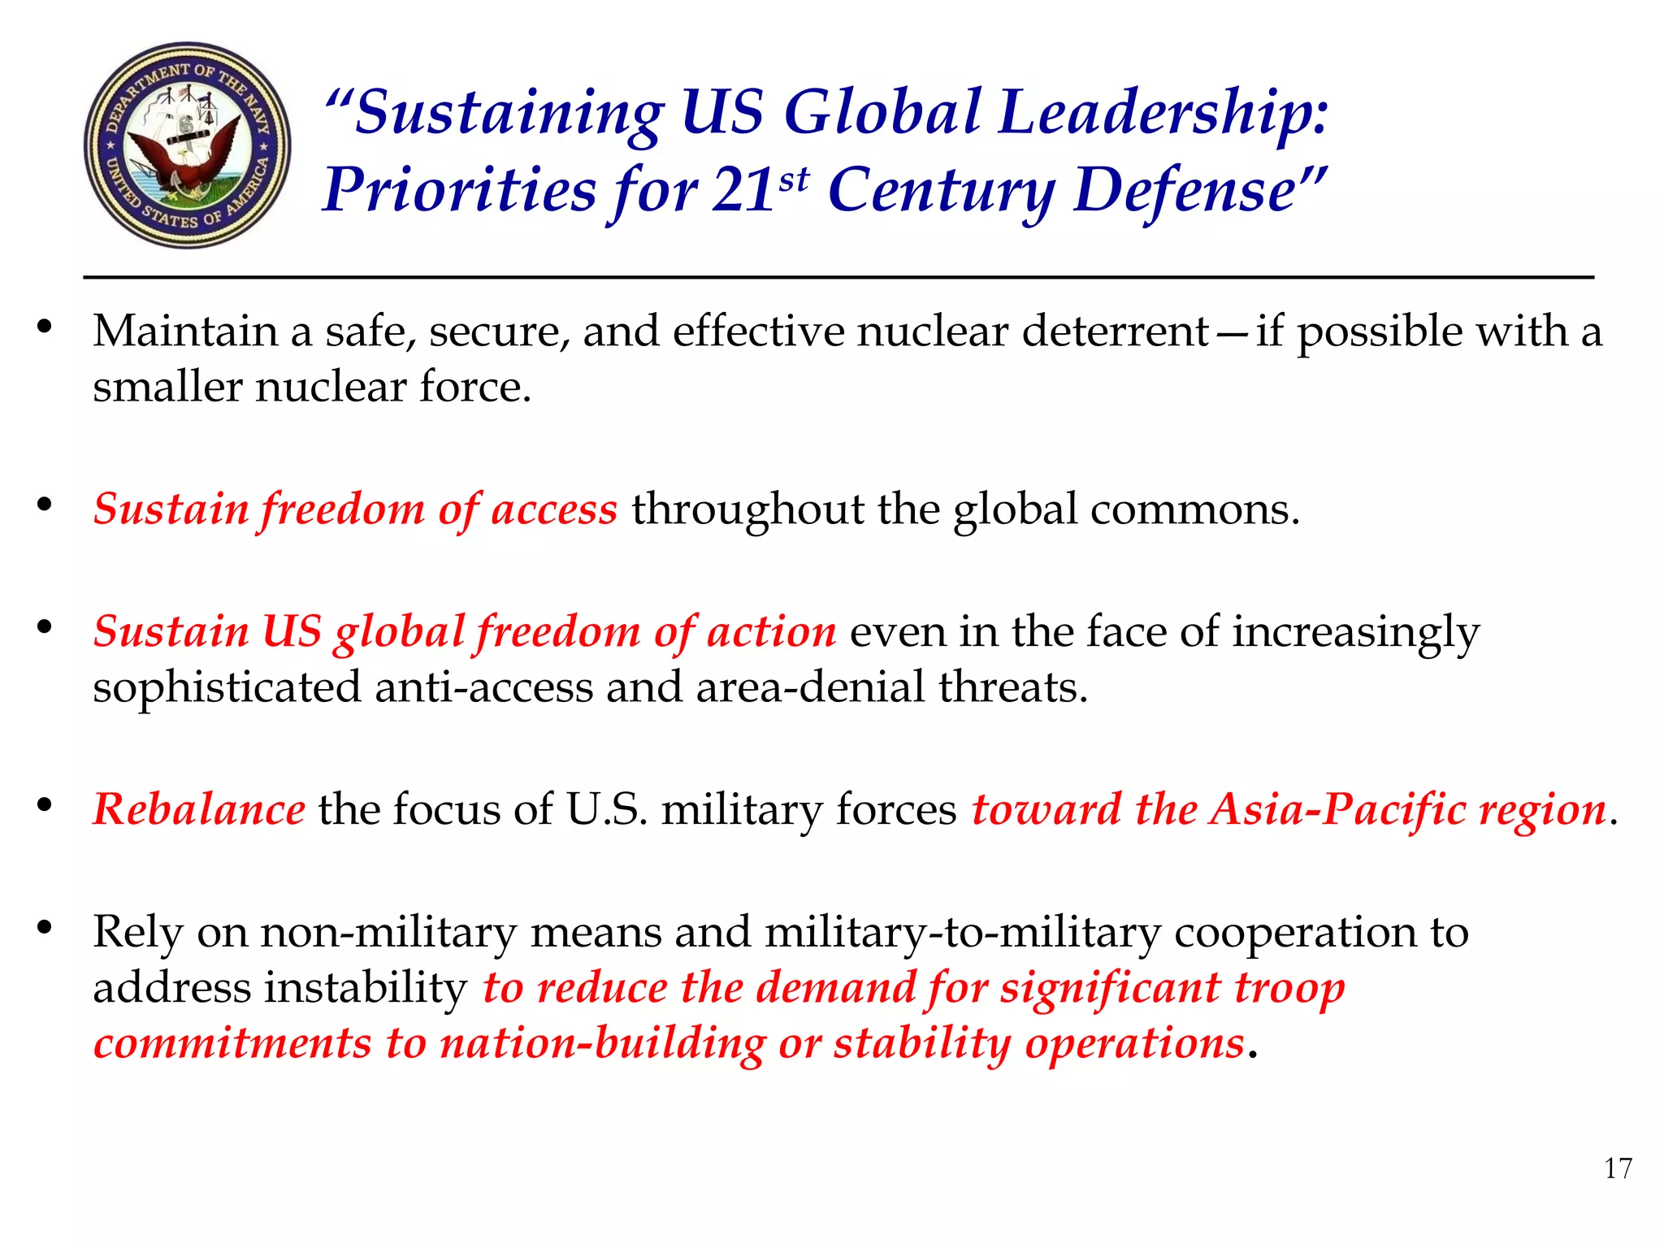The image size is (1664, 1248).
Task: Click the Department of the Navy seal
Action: (188, 145)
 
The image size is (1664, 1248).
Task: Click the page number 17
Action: (1618, 1168)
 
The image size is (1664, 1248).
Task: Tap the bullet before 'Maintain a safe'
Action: (44, 327)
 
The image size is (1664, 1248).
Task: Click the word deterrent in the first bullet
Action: (1116, 331)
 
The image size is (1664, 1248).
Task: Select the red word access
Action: (554, 509)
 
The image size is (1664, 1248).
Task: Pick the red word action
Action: (771, 631)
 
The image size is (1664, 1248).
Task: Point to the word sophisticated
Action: (227, 687)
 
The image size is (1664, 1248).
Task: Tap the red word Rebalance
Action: (199, 809)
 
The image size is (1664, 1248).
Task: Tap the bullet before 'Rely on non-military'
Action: (44, 927)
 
